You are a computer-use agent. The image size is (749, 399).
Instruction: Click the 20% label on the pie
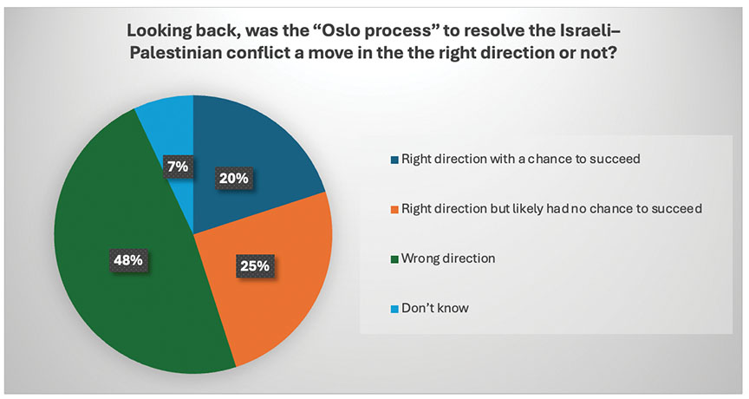tap(234, 178)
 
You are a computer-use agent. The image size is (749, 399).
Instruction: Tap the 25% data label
tap(255, 265)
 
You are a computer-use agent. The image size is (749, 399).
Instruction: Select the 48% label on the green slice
tap(128, 260)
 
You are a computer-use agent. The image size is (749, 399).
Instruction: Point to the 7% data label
tap(178, 167)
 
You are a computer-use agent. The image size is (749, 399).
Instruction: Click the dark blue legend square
tap(394, 160)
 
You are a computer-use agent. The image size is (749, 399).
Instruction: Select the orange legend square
tap(394, 209)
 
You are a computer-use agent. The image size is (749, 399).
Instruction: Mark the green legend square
tap(394, 259)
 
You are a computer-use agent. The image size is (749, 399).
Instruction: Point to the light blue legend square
tap(394, 309)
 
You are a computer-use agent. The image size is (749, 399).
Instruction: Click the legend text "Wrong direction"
tap(448, 258)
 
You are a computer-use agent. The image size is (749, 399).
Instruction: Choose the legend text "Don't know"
tap(434, 308)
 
